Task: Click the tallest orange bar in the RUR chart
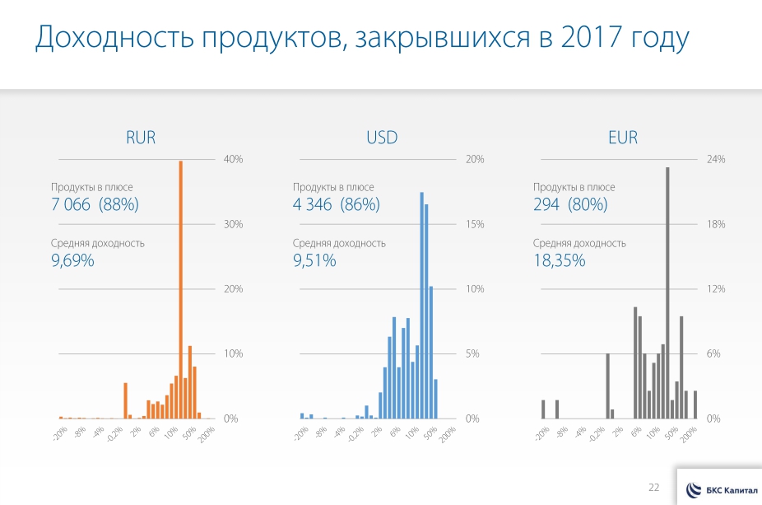180,288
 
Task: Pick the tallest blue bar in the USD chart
421,305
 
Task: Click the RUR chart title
141,138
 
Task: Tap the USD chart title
382,138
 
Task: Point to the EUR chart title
623,138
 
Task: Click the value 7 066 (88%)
95,205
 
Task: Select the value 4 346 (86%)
336,205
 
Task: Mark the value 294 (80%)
570,205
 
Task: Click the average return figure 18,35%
559,261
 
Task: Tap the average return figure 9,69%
72,261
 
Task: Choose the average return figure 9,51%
314,261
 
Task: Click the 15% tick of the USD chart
475,224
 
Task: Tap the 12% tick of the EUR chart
716,289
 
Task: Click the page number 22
654,488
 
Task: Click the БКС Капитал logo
720,489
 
